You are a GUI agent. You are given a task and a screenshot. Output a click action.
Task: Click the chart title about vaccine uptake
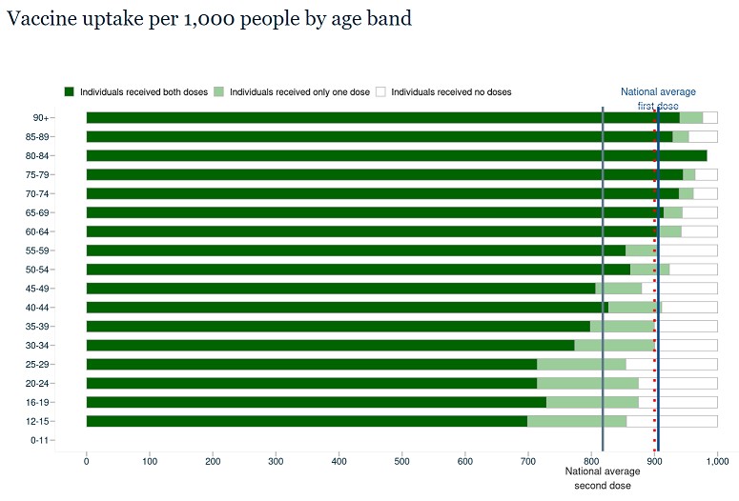(x=209, y=19)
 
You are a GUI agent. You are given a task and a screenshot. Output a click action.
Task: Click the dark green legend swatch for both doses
(x=69, y=91)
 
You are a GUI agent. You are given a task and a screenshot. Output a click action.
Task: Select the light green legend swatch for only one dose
(x=218, y=91)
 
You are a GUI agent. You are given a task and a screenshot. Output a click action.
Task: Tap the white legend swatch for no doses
(x=380, y=91)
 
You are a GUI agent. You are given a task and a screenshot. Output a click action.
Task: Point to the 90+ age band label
(x=41, y=117)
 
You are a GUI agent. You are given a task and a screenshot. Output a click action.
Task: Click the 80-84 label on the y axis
(x=39, y=155)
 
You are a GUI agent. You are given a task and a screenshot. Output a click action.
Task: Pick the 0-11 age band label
(x=41, y=440)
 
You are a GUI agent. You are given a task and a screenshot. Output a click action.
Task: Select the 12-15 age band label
(x=39, y=421)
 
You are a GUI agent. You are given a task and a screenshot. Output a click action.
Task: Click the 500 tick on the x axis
(x=402, y=462)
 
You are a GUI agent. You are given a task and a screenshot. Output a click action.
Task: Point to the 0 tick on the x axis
(x=87, y=462)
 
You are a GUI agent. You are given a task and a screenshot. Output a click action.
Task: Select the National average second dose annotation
(x=603, y=478)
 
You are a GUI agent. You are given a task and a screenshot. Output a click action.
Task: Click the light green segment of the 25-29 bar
(x=581, y=364)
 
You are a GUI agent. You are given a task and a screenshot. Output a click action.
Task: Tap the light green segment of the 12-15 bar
(x=577, y=421)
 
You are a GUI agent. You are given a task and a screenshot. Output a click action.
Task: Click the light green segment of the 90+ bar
(x=691, y=117)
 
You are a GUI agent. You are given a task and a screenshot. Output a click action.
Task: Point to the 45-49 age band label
(x=39, y=288)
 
